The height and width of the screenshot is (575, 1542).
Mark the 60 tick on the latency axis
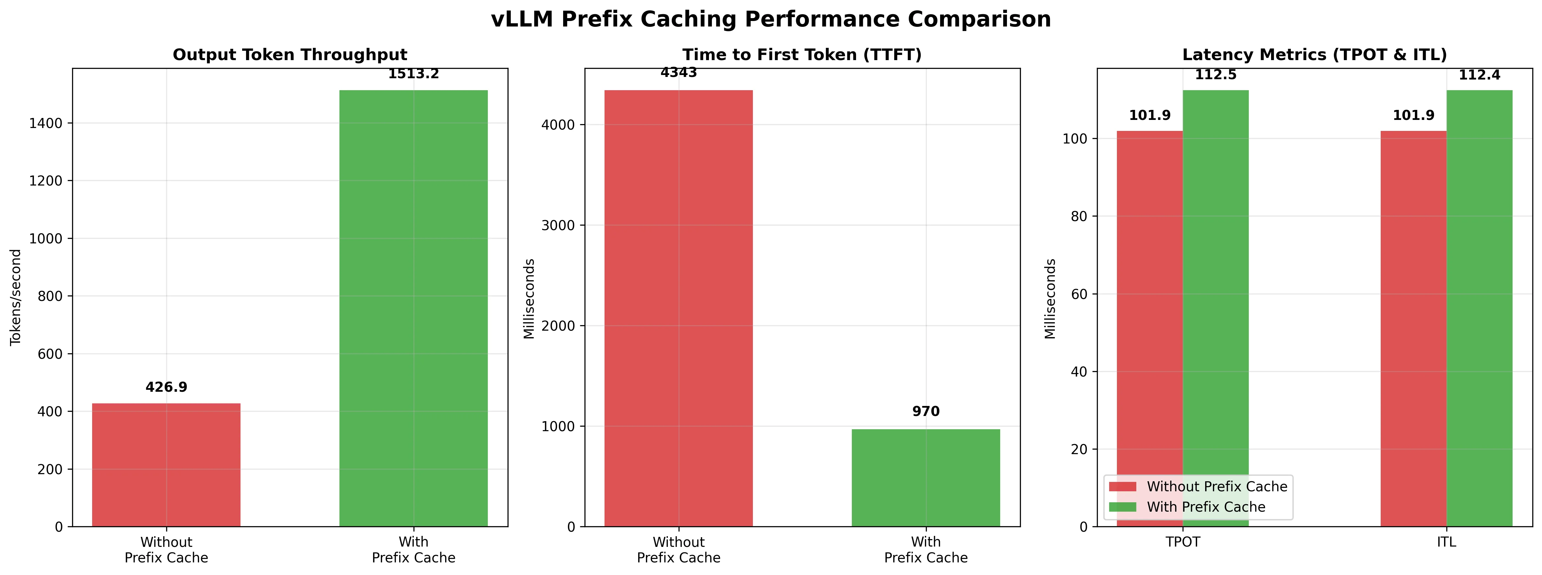point(1079,294)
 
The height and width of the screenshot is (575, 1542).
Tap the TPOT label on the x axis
point(1183,542)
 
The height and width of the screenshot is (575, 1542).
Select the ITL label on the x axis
point(1446,542)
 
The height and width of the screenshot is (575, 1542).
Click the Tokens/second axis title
point(16,297)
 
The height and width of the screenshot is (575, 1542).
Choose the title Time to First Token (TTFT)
point(802,55)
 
